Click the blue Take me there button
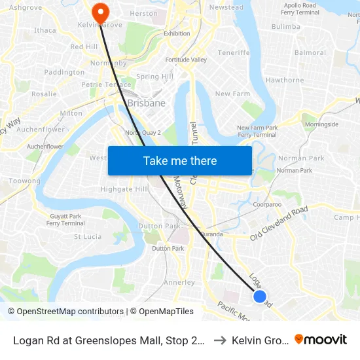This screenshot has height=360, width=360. (180, 161)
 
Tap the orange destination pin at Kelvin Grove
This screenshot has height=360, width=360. (100, 10)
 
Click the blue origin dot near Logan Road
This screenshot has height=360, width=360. (260, 297)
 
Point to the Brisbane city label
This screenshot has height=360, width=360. (146, 103)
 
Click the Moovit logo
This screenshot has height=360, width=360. (320, 339)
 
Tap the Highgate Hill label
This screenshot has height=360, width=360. (124, 189)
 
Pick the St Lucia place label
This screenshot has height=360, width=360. (87, 237)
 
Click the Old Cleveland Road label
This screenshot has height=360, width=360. (279, 225)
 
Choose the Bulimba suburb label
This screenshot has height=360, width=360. (285, 27)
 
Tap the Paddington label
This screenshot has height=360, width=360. (64, 72)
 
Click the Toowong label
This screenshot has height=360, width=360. (25, 181)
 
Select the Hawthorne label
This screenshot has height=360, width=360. (285, 80)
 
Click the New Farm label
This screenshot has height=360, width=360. (233, 94)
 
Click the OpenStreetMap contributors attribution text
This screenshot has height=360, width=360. (65, 312)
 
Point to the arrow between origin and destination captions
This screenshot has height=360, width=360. (220, 340)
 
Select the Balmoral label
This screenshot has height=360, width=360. (310, 53)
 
